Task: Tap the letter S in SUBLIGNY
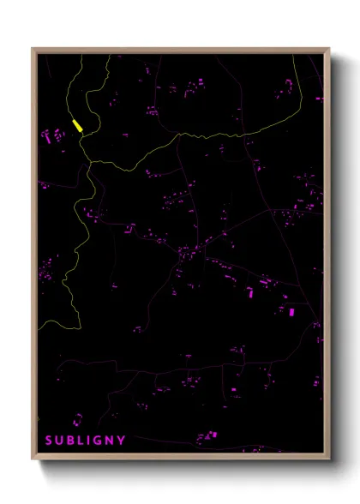[50, 441]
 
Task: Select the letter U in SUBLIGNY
[61, 441]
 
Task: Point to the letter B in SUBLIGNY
[72, 441]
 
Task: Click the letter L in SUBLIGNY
[82, 441]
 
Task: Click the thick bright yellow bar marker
[77, 126]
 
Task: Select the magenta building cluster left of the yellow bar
[53, 135]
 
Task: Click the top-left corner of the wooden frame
[33, 50]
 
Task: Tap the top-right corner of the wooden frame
[328, 50]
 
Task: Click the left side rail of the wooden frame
[34, 257]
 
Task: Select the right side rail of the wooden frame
[327, 257]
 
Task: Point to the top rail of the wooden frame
[180, 51]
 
